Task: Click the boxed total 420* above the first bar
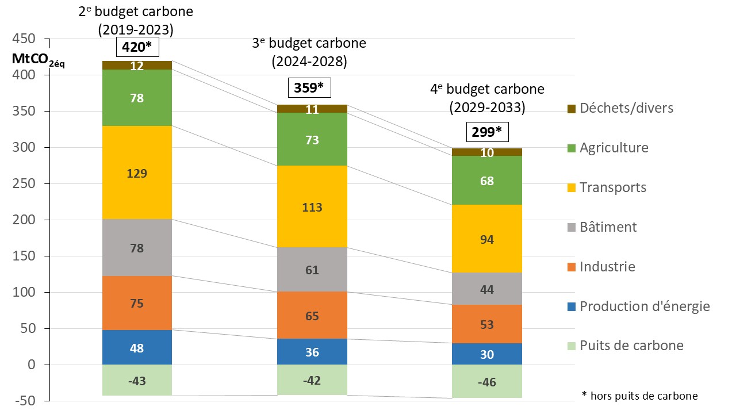pyautogui.click(x=137, y=47)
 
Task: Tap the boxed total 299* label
pyautogui.click(x=486, y=132)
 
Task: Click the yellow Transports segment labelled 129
pyautogui.click(x=137, y=173)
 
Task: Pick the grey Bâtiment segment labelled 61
pyautogui.click(x=312, y=270)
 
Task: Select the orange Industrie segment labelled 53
pyautogui.click(x=486, y=324)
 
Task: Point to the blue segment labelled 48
pyautogui.click(x=137, y=348)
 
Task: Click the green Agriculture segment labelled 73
pyautogui.click(x=312, y=139)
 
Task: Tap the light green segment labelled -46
pyautogui.click(x=486, y=382)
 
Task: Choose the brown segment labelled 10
pyautogui.click(x=486, y=152)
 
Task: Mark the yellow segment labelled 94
pyautogui.click(x=486, y=239)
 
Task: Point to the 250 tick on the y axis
pyautogui.click(x=23, y=184)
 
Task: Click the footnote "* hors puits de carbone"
pyautogui.click(x=639, y=396)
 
